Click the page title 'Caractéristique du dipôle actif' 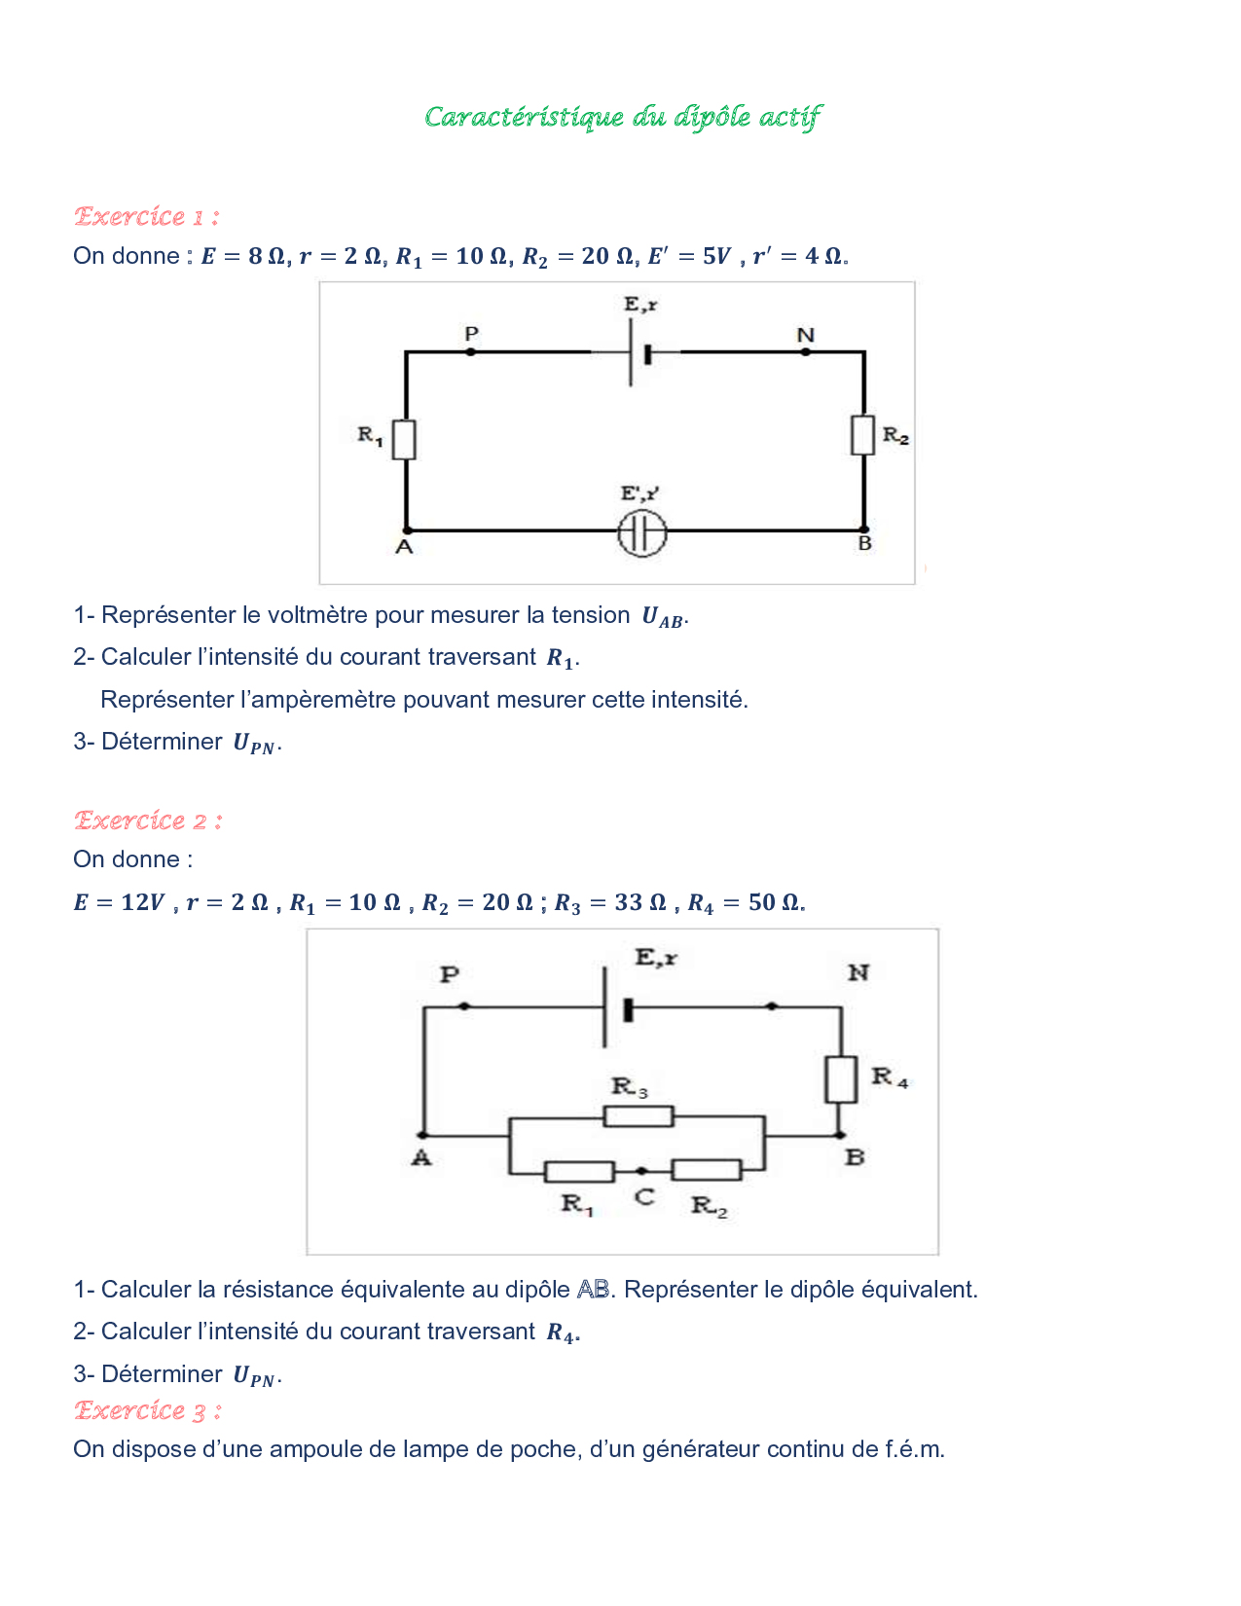pos(623,118)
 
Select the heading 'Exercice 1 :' pos(146,216)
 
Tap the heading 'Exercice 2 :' pos(148,821)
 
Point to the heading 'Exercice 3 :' pos(148,1410)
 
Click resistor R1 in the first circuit pos(405,439)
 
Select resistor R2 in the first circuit pos(863,434)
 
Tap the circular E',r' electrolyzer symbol pos(642,532)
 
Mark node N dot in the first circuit pos(806,351)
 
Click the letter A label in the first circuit pos(405,548)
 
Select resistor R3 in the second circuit pos(639,1115)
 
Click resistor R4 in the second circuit pos(841,1078)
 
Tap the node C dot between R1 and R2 pos(641,1171)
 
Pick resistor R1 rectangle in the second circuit pos(579,1171)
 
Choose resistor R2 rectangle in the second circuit pos(707,1170)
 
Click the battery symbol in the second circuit pos(616,1008)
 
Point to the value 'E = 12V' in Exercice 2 pos(119,903)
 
